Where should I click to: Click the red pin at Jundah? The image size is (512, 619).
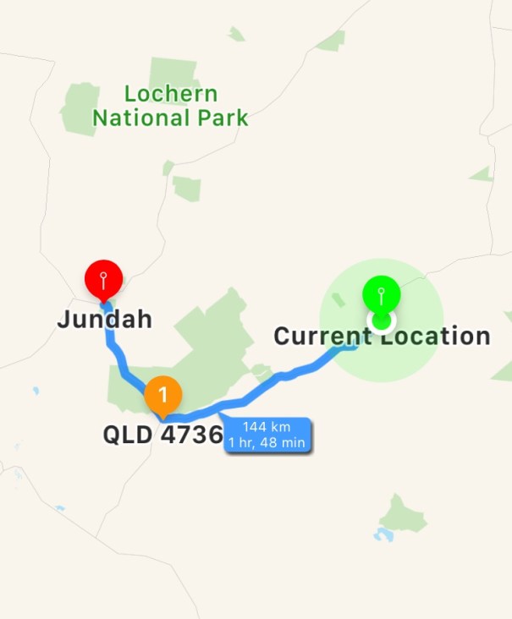[104, 278]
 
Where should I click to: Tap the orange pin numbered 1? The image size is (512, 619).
[163, 394]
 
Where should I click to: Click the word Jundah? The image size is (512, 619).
[105, 320]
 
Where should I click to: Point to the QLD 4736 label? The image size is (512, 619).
[162, 435]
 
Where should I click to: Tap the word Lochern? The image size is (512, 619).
[171, 94]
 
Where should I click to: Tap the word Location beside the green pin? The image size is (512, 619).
[432, 337]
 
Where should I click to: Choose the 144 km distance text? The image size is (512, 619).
[266, 426]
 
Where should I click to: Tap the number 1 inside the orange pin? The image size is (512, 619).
[163, 393]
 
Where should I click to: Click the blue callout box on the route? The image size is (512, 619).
[266, 433]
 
